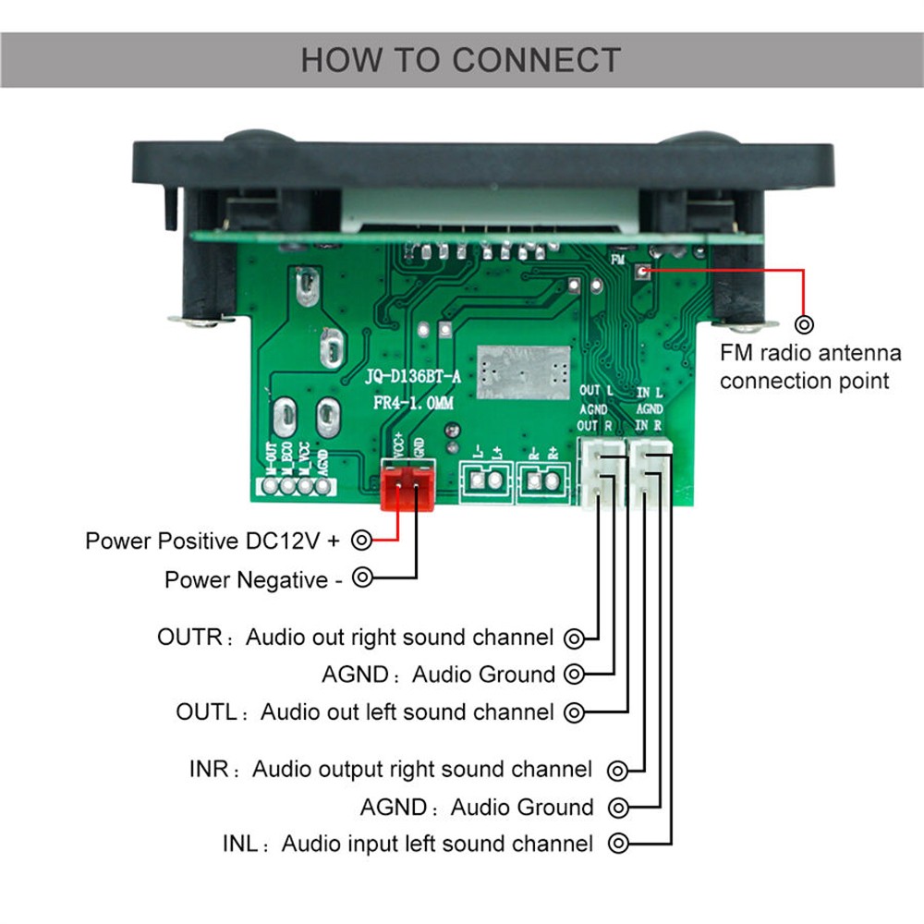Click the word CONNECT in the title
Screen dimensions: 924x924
pos(536,61)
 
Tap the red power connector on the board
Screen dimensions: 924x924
pos(407,486)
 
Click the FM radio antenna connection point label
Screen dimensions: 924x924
pos(810,367)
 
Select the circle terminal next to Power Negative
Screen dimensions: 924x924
pos(363,578)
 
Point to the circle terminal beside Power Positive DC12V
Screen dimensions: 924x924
pos(363,540)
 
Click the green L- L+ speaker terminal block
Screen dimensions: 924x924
pos(486,480)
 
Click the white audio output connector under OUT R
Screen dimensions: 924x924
pos(600,471)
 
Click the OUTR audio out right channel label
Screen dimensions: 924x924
pos(356,638)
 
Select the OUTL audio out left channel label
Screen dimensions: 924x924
pos(365,712)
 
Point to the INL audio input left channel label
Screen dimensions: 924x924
pos(407,844)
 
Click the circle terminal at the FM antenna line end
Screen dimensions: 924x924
pos(805,324)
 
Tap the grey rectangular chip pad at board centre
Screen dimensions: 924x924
pos(519,372)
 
